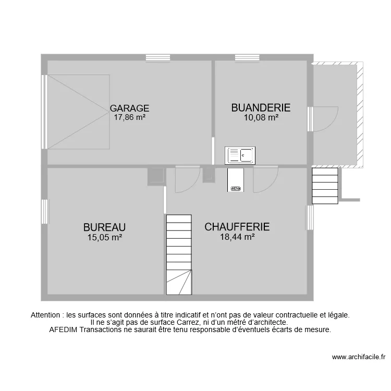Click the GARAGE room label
[129, 108]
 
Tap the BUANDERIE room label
[261, 107]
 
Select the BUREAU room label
[104, 227]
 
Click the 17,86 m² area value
[129, 117]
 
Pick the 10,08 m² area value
[261, 117]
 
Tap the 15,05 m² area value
[104, 237]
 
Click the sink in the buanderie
[240, 155]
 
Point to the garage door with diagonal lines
[79, 112]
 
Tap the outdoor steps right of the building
[325, 186]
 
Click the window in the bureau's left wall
[45, 212]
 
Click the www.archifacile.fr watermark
[358, 357]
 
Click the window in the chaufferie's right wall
[310, 218]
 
